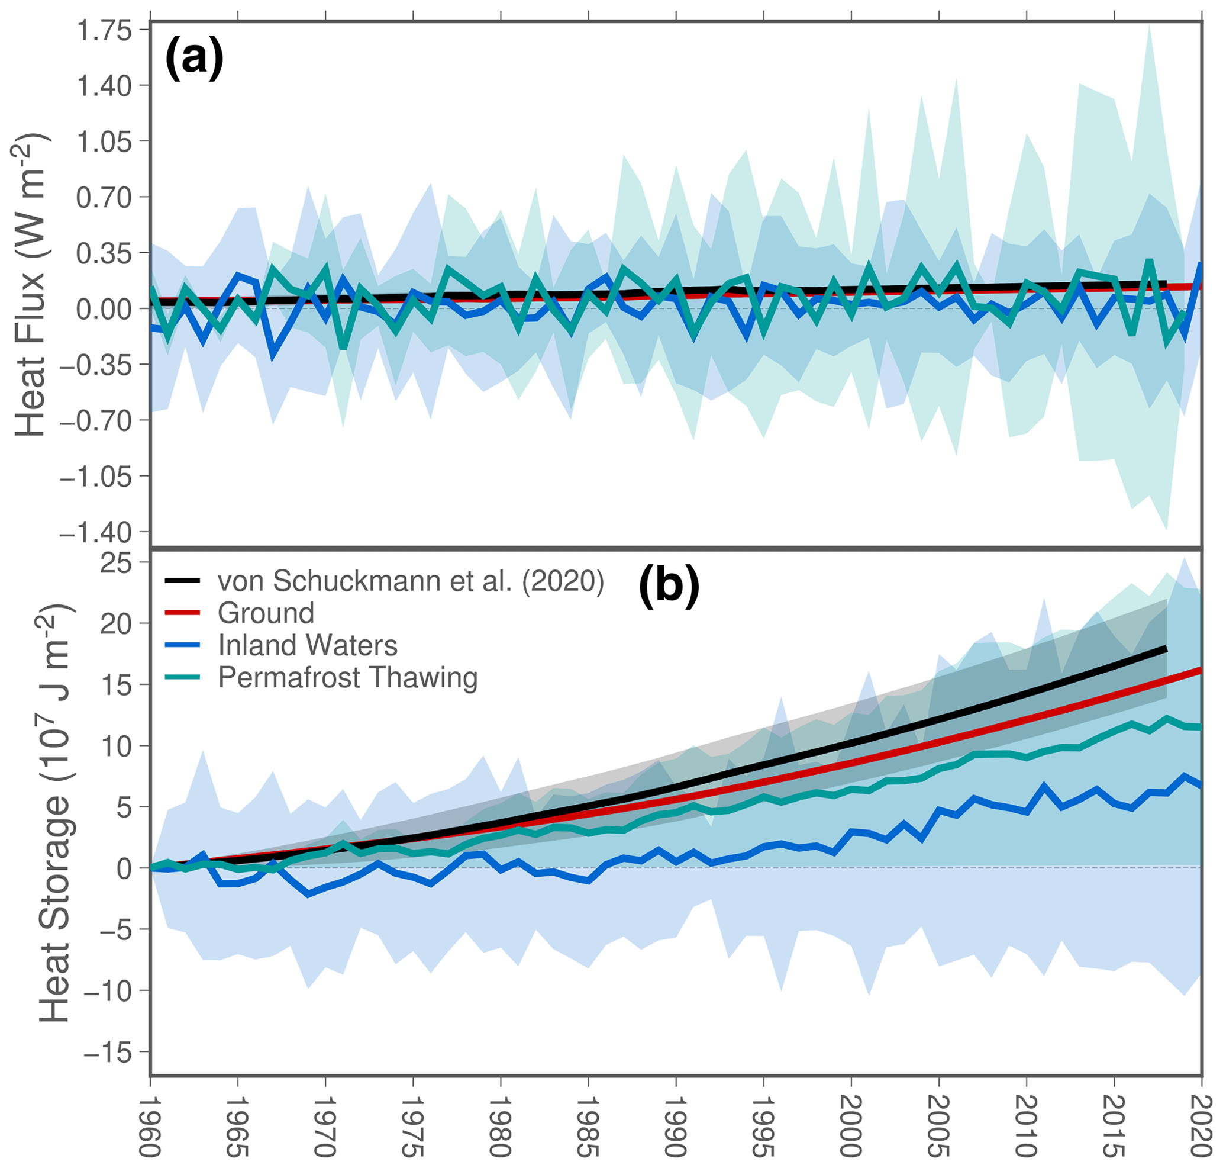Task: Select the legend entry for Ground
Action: pyautogui.click(x=266, y=613)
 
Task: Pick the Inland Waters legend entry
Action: pyautogui.click(x=308, y=645)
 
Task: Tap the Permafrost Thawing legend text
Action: pyautogui.click(x=347, y=677)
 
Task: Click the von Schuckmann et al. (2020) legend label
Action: pyautogui.click(x=411, y=581)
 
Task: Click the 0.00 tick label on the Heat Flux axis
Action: pyautogui.click(x=105, y=309)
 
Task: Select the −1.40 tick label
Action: pyautogui.click(x=96, y=532)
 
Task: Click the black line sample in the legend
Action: pyautogui.click(x=182, y=581)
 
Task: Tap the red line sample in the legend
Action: pyautogui.click(x=182, y=613)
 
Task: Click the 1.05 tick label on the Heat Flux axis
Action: pyautogui.click(x=105, y=141)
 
